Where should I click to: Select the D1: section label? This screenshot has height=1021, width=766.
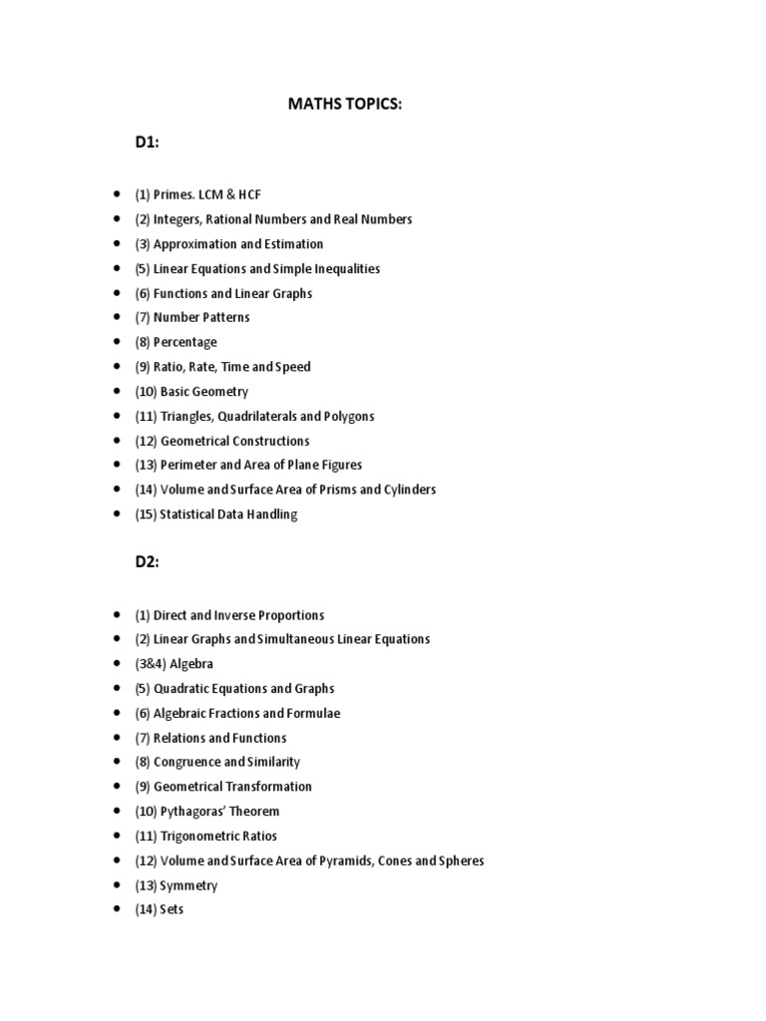pos(148,142)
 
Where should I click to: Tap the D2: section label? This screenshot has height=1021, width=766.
pos(148,561)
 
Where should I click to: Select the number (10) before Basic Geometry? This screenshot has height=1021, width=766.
pos(146,392)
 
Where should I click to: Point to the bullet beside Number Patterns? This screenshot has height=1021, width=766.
pos(118,318)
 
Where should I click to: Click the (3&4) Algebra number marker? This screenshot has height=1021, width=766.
pos(151,664)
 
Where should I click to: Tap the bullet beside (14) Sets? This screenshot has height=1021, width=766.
pos(118,910)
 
